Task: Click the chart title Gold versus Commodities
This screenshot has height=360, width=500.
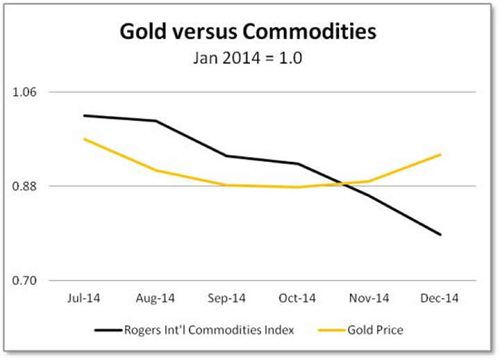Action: (248, 32)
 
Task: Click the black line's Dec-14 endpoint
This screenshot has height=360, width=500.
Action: (441, 235)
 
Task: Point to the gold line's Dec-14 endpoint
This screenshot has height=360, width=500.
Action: (441, 154)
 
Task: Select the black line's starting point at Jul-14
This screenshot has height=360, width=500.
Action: (83, 115)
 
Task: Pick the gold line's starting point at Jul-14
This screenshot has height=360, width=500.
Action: (83, 139)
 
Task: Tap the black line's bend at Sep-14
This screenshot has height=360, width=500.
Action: (226, 156)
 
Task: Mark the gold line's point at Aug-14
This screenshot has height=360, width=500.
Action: (155, 170)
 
